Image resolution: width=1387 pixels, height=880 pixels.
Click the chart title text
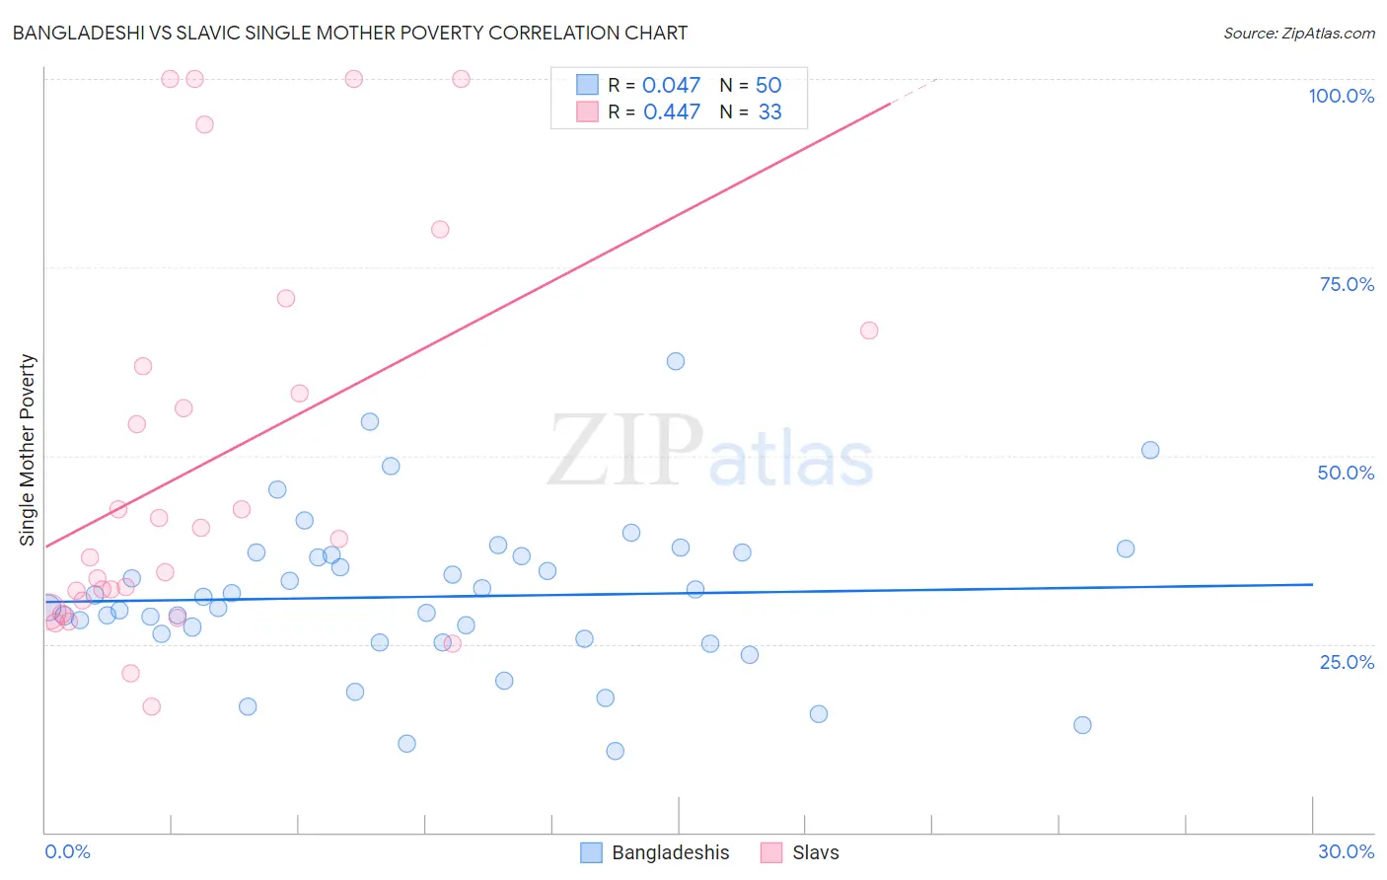pyautogui.click(x=350, y=33)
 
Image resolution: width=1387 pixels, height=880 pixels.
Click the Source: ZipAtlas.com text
pyautogui.click(x=1298, y=33)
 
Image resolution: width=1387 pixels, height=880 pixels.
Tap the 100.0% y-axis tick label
pyautogui.click(x=1341, y=96)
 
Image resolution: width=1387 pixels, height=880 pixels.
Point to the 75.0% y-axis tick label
pyautogui.click(x=1347, y=284)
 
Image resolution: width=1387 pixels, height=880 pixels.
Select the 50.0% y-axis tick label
pyautogui.click(x=1346, y=473)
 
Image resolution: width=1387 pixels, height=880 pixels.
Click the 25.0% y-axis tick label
pyautogui.click(x=1347, y=661)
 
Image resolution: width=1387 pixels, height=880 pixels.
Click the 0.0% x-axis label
pyautogui.click(x=67, y=851)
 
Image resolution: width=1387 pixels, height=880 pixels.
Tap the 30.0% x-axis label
pyautogui.click(x=1346, y=851)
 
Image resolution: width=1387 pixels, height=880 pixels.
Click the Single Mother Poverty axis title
pyautogui.click(x=28, y=450)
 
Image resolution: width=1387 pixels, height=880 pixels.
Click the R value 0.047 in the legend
pyautogui.click(x=671, y=86)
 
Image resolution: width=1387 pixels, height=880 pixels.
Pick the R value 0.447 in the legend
pyautogui.click(x=671, y=112)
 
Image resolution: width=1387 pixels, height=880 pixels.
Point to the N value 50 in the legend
pyautogui.click(x=768, y=86)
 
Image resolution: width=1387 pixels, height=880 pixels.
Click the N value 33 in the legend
pyautogui.click(x=769, y=112)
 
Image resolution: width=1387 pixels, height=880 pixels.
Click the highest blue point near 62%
pyautogui.click(x=676, y=361)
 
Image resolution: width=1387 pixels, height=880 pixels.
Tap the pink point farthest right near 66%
pyautogui.click(x=869, y=330)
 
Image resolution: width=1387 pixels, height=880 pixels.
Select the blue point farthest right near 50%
pyautogui.click(x=1150, y=450)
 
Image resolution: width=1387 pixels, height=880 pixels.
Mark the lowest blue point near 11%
pyautogui.click(x=615, y=751)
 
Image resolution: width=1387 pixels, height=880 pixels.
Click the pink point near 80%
pyautogui.click(x=440, y=229)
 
